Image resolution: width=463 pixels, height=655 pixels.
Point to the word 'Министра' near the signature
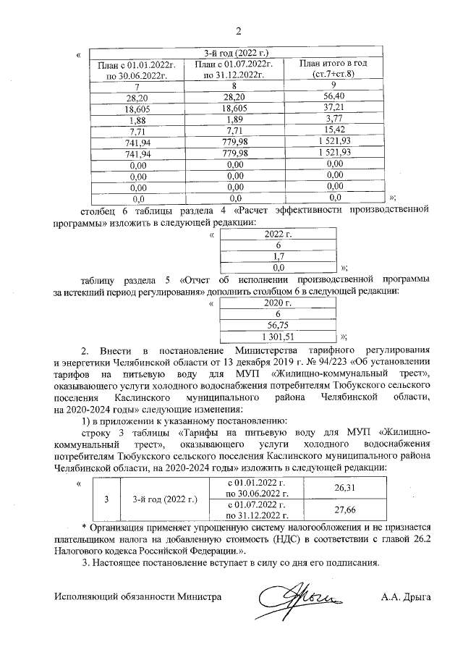click(x=199, y=597)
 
